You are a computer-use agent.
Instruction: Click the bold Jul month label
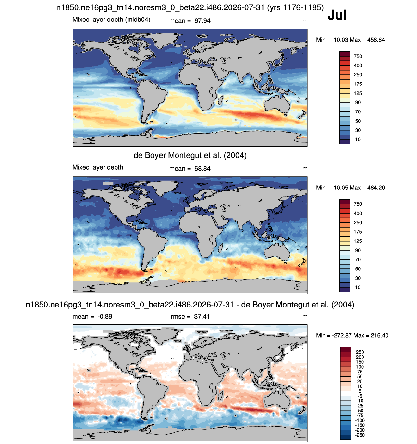pos(337,15)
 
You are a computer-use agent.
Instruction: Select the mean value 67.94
pos(202,21)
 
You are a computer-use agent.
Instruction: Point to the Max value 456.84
pos(376,40)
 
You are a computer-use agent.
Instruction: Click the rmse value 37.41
pos(202,316)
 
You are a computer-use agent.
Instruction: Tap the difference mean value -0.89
pos(105,316)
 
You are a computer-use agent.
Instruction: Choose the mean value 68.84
pos(202,169)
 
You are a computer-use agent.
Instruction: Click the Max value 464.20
pos(376,188)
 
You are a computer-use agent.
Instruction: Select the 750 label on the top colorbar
pos(358,56)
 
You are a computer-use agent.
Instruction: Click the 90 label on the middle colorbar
pos(358,250)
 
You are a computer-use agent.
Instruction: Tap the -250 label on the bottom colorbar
pos(360,435)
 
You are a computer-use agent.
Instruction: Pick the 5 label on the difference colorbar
pos(360,391)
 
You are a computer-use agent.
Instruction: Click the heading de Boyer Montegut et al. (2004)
pos(190,155)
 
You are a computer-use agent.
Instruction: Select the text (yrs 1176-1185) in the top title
pos(295,7)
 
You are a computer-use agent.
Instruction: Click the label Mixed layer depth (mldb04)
pos(111,20)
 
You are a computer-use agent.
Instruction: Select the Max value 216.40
pos(379,335)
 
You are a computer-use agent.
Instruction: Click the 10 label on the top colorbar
pos(358,139)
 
